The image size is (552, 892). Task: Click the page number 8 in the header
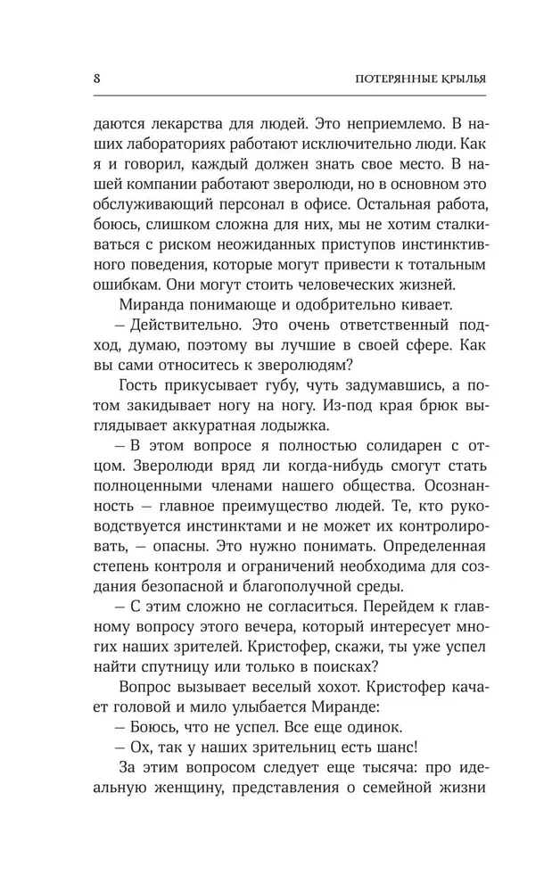95,77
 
